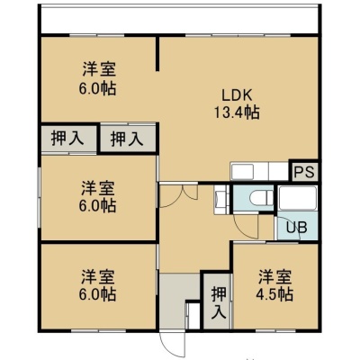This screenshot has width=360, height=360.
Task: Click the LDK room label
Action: (237, 95)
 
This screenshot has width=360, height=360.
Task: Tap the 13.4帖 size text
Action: (237, 112)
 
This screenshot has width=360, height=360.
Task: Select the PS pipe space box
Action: (304, 172)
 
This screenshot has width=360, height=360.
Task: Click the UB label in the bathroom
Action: (296, 228)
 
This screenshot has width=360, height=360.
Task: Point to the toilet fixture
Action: (261, 198)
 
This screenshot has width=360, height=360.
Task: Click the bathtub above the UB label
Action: (297, 198)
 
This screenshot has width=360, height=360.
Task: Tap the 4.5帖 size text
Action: (274, 294)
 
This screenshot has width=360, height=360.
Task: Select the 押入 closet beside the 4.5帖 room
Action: (218, 301)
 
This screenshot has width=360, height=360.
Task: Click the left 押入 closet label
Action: (67, 139)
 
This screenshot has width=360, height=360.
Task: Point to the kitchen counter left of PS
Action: (259, 172)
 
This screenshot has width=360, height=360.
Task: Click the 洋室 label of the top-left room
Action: (99, 69)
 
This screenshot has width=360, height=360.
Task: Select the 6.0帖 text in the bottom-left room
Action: (97, 294)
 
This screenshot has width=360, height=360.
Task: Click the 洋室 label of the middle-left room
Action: (98, 189)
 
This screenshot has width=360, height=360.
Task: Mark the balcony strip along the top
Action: (179, 20)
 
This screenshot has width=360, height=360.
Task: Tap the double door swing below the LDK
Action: (177, 195)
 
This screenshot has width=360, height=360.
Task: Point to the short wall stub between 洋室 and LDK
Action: (157, 53)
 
